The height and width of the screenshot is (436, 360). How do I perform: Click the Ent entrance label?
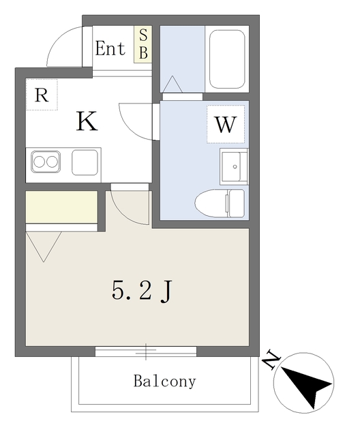coord(110,48)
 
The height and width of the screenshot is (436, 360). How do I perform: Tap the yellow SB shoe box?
coord(143,44)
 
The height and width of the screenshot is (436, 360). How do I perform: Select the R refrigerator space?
coord(42,95)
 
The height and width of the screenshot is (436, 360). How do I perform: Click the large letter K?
coord(87,121)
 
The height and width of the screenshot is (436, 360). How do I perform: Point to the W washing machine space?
coord(226,124)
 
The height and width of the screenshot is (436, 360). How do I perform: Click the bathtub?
coord(227,59)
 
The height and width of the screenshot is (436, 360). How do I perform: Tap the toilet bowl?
coord(220,203)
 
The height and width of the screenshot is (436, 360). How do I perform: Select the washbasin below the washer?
coord(234,166)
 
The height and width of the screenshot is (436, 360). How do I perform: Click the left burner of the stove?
coord(39,161)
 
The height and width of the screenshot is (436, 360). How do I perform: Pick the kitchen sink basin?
coord(85,162)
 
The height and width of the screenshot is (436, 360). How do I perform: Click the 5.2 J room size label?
coord(142,291)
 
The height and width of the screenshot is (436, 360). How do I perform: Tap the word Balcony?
coord(165,381)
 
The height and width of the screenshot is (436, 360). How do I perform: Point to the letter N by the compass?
coord(271,360)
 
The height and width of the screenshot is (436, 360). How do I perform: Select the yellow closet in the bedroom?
coord(61,206)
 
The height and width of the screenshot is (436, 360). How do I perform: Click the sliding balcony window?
coord(146,352)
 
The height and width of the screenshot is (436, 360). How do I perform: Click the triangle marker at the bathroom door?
coord(172,84)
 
